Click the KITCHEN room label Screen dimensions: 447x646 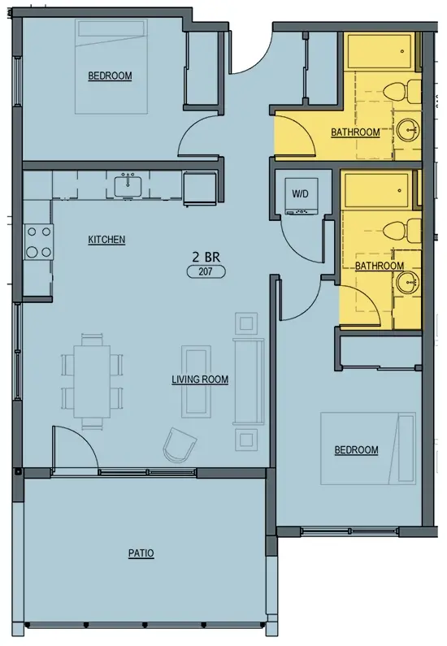tap(106, 240)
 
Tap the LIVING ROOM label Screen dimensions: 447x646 tap(200, 379)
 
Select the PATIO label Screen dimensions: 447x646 tap(141, 553)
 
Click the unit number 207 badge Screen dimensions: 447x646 tap(206, 272)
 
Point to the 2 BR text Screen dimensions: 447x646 tap(206, 258)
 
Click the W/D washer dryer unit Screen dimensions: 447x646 tap(302, 196)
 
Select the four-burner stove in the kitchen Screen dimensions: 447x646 tap(39, 241)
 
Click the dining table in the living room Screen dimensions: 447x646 tap(92, 381)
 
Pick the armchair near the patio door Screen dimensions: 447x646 tap(180, 446)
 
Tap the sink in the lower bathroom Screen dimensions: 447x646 tap(408, 282)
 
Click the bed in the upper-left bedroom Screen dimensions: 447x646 tap(111, 67)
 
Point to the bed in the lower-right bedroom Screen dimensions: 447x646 tap(368, 449)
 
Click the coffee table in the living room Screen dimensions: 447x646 tap(196, 381)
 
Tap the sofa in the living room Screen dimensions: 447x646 tap(249, 381)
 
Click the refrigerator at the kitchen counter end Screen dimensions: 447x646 tap(200, 189)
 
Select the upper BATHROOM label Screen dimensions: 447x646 tap(355, 132)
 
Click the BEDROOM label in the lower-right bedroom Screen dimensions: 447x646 tap(356, 450)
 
